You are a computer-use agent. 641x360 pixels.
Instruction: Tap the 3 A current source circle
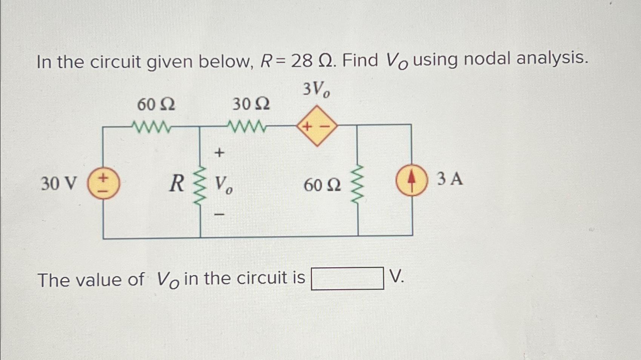[412, 180]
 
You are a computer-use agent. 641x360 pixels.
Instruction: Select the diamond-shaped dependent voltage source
[317, 126]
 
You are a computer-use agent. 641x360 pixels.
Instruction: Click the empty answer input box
[347, 278]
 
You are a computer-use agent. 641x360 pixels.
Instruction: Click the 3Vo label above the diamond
[316, 90]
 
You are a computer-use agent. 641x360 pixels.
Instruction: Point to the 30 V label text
[58, 184]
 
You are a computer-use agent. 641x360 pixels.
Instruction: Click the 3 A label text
[450, 179]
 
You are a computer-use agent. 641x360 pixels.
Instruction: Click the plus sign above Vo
[219, 153]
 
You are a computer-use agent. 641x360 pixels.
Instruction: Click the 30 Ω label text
[251, 104]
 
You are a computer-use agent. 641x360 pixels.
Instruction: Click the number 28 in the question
[302, 61]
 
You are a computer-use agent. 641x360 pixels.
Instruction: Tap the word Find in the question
[361, 60]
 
